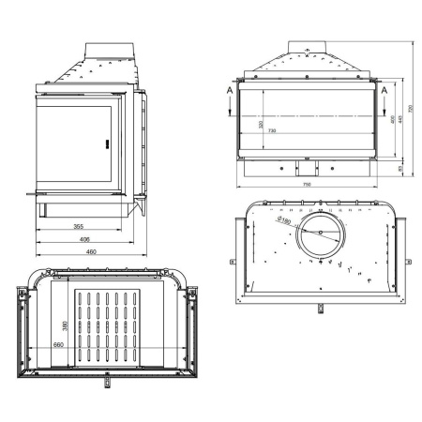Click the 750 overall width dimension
[x=308, y=185]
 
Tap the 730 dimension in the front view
[x=271, y=129]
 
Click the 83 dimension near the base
[x=400, y=168]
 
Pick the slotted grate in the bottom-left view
[x=104, y=329]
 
